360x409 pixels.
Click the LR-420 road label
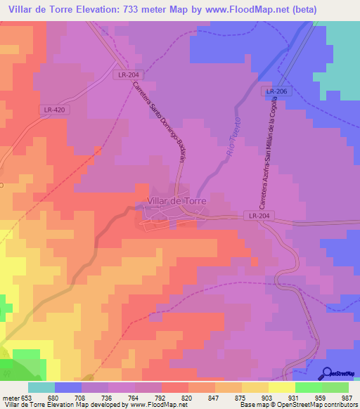coord(54,110)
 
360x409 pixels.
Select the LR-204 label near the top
coord(129,74)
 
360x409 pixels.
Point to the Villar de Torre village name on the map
coord(176,201)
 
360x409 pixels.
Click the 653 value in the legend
coord(27,397)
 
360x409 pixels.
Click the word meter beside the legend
coord(10,397)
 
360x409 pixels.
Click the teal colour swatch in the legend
coord(41,387)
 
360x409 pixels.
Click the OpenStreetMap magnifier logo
coord(328,373)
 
